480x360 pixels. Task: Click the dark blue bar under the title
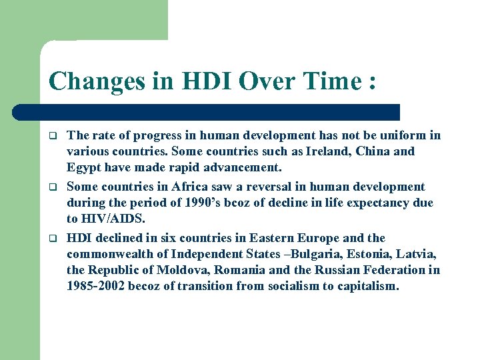tap(207, 112)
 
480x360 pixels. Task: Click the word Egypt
tap(84, 168)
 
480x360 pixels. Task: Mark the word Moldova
tap(181, 270)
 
